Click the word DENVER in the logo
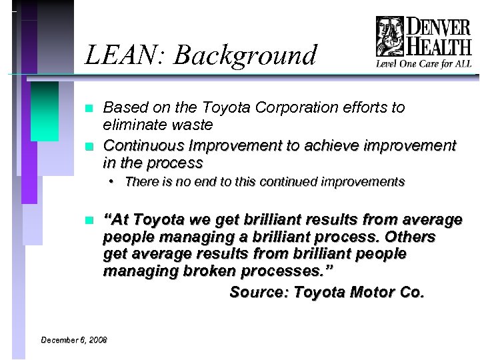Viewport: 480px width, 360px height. tap(438, 29)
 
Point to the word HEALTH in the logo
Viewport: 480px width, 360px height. tap(438, 48)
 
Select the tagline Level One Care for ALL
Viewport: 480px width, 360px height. tap(423, 65)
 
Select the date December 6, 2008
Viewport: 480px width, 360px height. tap(73, 340)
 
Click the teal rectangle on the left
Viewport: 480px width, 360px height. tap(45, 111)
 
